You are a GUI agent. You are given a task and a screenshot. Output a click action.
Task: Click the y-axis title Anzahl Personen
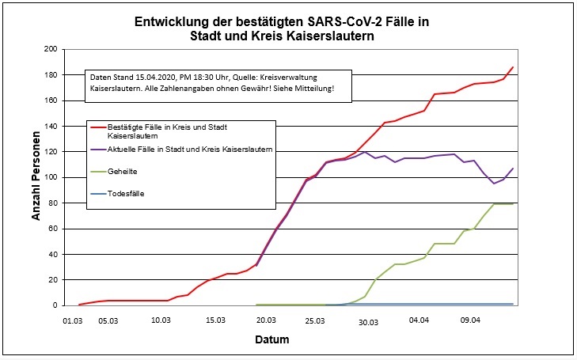coord(36,176)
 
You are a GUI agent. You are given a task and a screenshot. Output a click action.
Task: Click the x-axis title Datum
coord(271,340)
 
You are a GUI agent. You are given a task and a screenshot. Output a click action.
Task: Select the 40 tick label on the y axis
coord(56,254)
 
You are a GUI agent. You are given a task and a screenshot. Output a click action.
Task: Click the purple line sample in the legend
coord(98,151)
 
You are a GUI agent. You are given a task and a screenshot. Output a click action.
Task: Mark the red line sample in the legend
coord(98,127)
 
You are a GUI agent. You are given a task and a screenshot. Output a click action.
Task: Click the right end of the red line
coord(513,67)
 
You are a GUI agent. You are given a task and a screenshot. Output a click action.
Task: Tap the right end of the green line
coord(513,204)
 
